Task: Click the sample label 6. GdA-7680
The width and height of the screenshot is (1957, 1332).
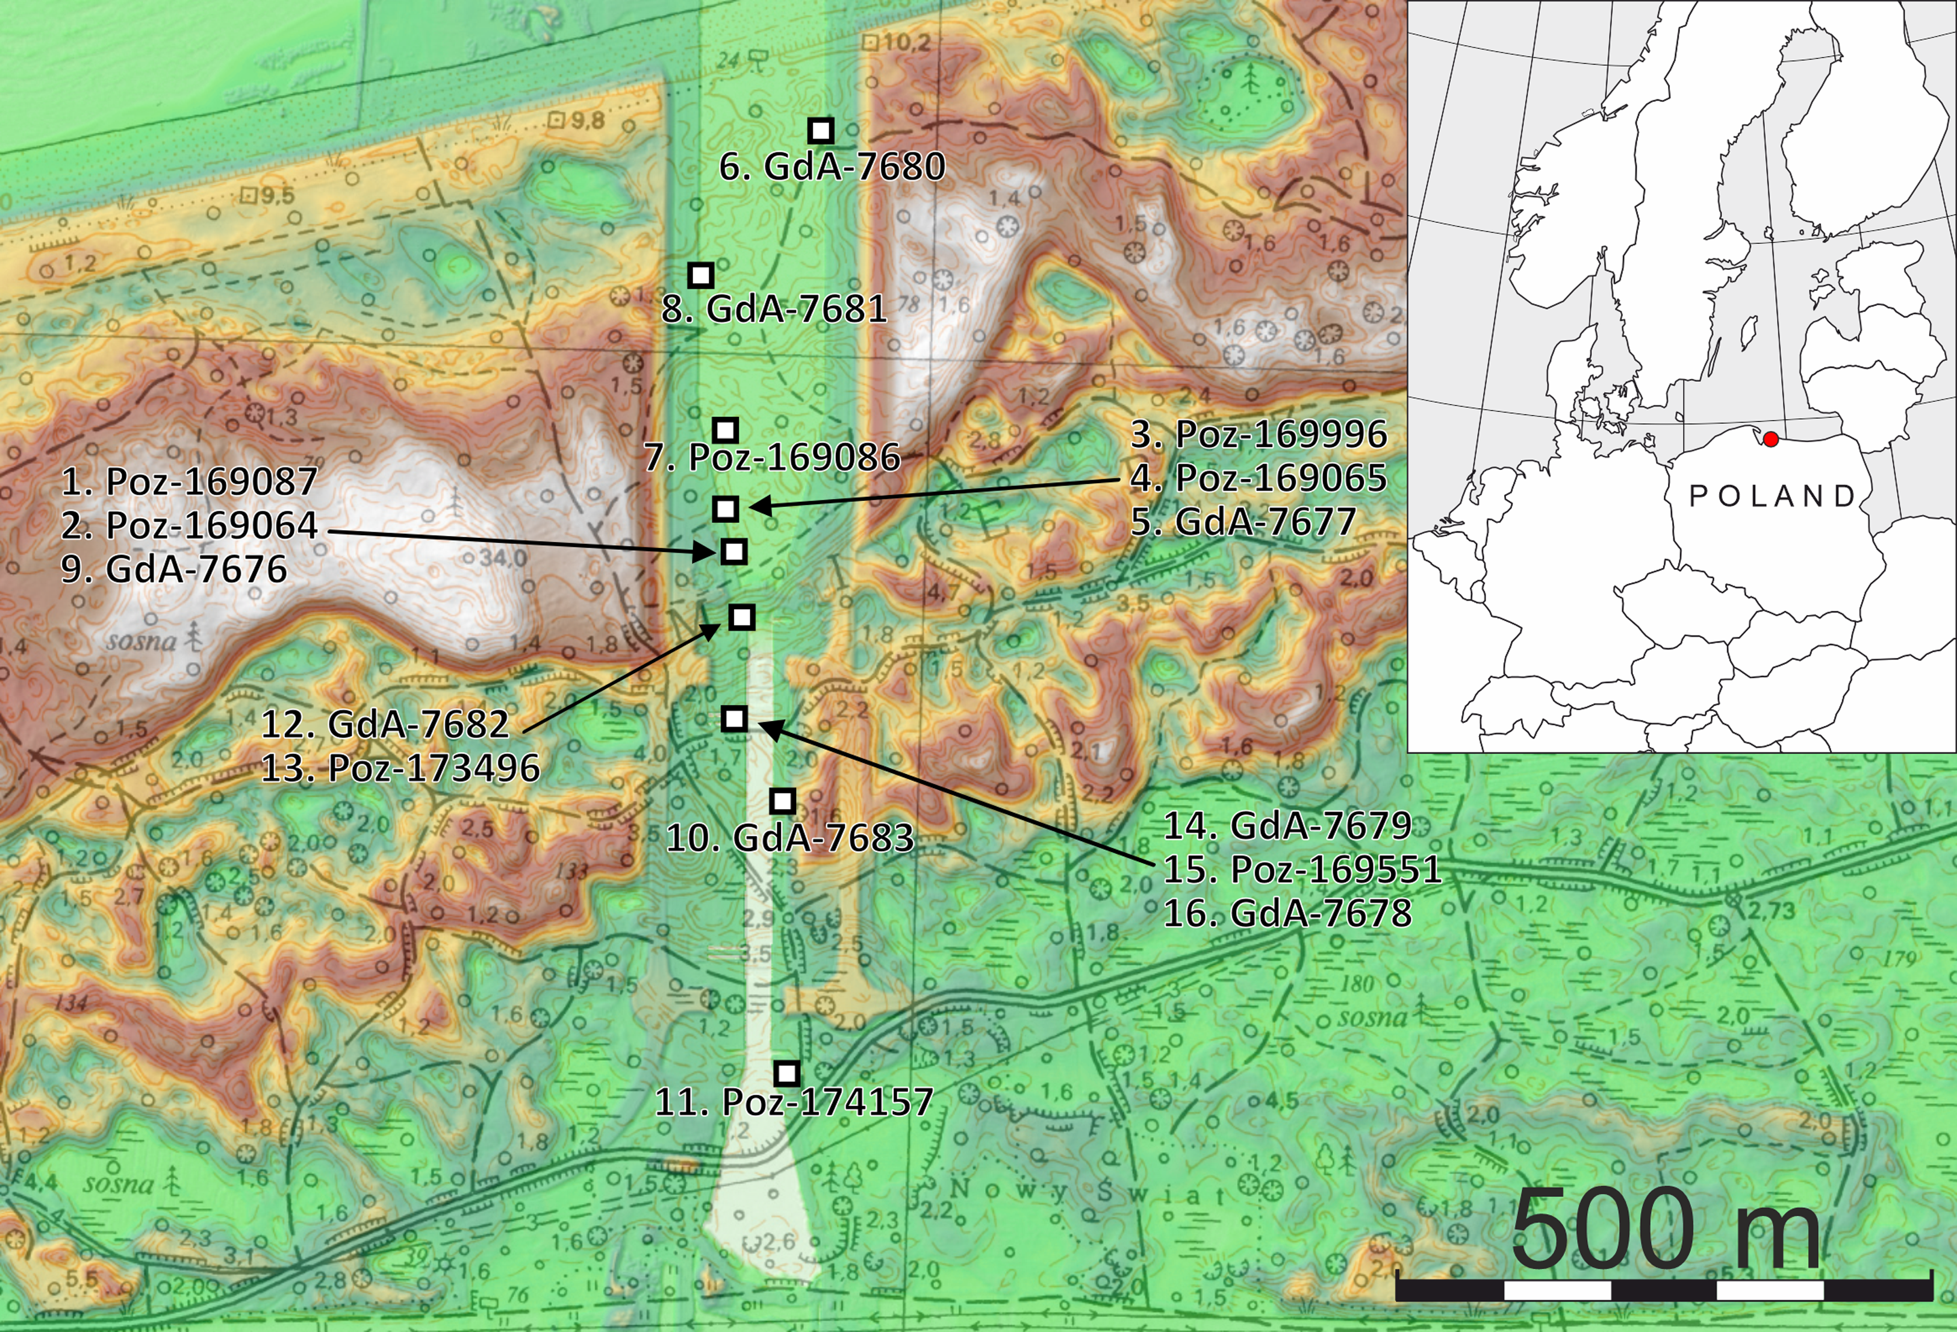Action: coord(832,167)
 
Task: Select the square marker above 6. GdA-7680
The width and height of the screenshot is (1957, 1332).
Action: coord(821,131)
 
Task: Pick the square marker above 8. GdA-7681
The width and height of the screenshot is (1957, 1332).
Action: coord(701,275)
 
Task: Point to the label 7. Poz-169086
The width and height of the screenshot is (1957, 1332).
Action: coord(772,457)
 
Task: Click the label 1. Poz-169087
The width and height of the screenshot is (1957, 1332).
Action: coord(190,482)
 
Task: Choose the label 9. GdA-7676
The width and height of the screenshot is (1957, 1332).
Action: coord(174,569)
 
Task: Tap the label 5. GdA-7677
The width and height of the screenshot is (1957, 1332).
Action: coord(1243,522)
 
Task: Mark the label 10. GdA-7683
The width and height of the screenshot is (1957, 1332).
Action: coord(790,837)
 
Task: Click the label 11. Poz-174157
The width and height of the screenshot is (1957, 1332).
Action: coord(794,1102)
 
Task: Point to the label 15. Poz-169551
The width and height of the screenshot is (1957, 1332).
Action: coord(1302,869)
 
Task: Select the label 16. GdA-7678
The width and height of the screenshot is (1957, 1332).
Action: coord(1287,913)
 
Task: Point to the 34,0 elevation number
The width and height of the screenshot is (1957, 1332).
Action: coord(503,558)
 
